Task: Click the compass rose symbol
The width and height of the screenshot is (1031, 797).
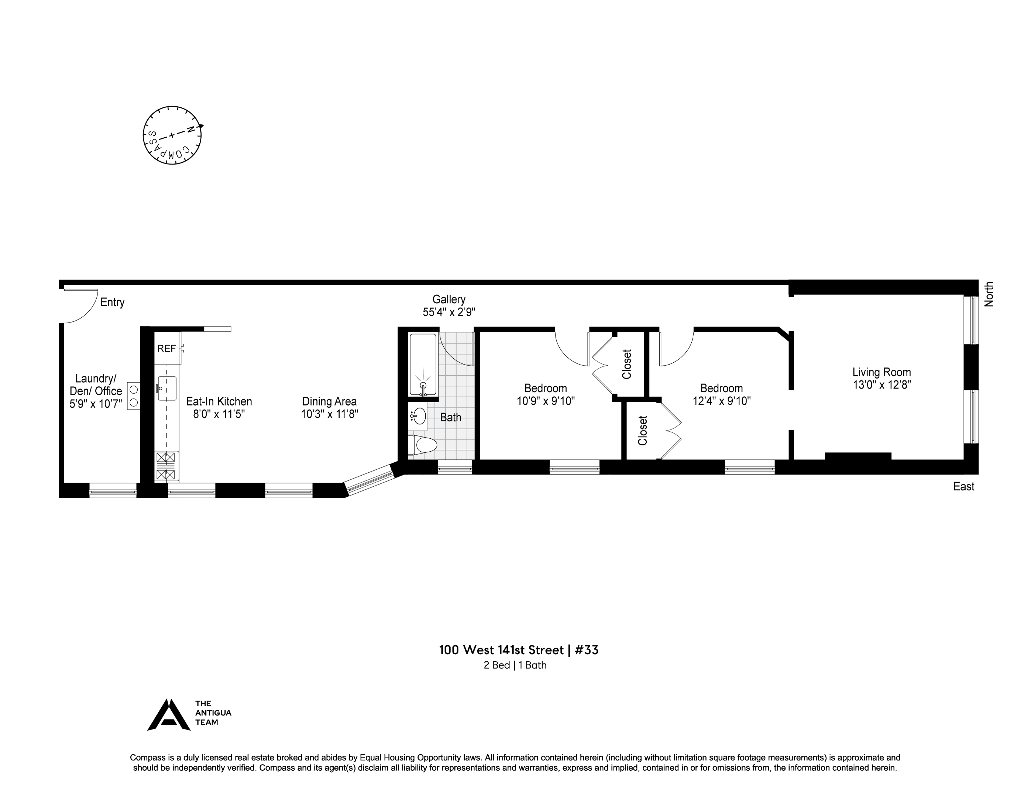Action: click(172, 135)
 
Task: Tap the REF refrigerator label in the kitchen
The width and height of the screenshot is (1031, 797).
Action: click(166, 349)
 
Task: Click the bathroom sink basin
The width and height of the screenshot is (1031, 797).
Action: click(419, 416)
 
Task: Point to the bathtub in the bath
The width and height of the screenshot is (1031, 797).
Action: click(423, 364)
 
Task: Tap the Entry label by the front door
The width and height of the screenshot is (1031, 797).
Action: click(112, 302)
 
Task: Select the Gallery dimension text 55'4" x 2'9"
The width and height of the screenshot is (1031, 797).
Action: click(449, 312)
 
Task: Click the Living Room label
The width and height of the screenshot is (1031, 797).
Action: click(881, 372)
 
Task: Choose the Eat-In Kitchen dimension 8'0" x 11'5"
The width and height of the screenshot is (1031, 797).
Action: click(219, 414)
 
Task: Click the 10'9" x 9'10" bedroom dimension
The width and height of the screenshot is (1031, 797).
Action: click(546, 401)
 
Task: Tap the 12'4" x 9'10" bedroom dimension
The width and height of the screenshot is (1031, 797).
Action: click(721, 401)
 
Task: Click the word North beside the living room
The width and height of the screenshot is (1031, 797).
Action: click(989, 294)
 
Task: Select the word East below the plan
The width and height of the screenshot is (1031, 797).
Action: click(963, 487)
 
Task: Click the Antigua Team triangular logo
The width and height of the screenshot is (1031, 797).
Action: click(169, 714)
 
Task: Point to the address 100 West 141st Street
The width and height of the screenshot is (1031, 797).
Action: click(501, 650)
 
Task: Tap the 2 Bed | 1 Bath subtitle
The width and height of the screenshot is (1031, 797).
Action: click(515, 665)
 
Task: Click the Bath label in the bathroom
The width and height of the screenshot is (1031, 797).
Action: click(450, 417)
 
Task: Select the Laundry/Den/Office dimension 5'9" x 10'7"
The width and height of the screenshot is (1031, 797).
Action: click(96, 404)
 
